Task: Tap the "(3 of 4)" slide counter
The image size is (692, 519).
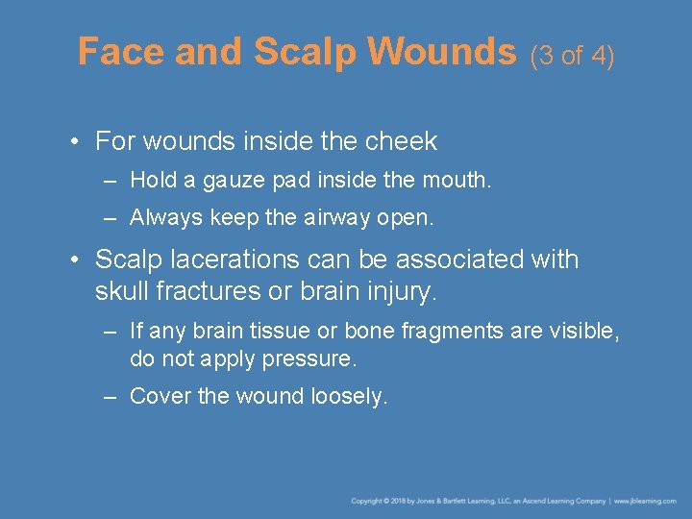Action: tap(572, 55)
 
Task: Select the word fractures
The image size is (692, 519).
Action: tap(205, 289)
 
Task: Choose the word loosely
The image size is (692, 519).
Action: tap(350, 396)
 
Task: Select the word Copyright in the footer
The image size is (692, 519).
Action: tap(367, 501)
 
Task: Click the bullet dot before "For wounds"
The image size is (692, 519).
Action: tap(74, 142)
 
